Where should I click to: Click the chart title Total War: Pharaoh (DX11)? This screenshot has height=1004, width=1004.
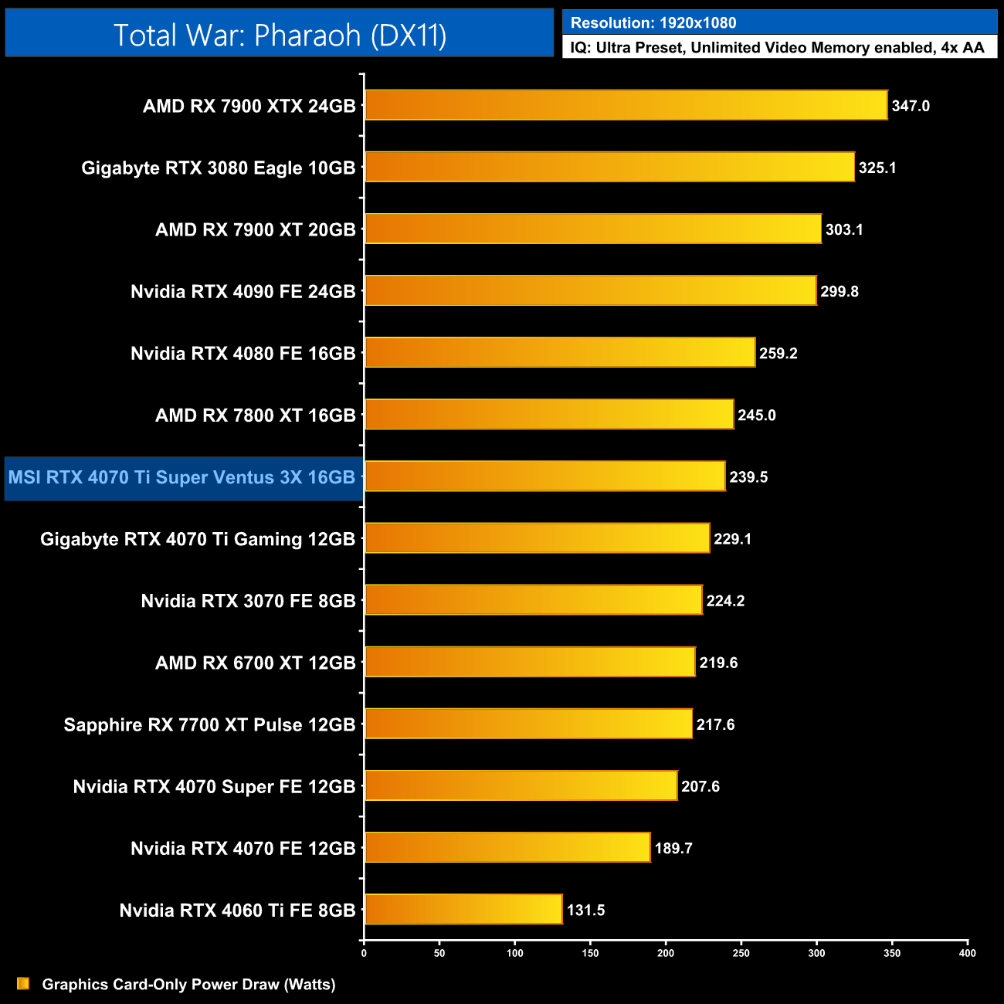pyautogui.click(x=280, y=35)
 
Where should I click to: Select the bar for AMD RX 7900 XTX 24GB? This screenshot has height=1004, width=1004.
pyautogui.click(x=626, y=105)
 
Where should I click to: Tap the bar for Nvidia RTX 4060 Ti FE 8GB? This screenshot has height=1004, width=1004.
pyautogui.click(x=463, y=909)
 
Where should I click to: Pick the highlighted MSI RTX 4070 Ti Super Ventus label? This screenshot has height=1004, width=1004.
pyautogui.click(x=182, y=477)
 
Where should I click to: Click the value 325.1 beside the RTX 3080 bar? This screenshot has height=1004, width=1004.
pyautogui.click(x=877, y=168)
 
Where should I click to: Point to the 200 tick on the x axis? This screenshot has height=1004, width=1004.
pyautogui.click(x=666, y=953)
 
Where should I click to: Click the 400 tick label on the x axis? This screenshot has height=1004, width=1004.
pyautogui.click(x=967, y=953)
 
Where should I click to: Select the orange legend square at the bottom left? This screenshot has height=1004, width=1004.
pyautogui.click(x=23, y=983)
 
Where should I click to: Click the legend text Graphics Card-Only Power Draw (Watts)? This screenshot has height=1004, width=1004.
pyautogui.click(x=188, y=985)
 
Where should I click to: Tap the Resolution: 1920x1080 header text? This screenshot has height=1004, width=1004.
pyautogui.click(x=653, y=23)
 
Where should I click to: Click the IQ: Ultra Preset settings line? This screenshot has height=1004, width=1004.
pyautogui.click(x=777, y=48)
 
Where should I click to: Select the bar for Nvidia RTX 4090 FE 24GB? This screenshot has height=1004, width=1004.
pyautogui.click(x=590, y=290)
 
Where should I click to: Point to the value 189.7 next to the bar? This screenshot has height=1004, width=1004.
pyautogui.click(x=673, y=848)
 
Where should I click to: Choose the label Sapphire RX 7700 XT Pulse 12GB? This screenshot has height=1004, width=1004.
pyautogui.click(x=209, y=724)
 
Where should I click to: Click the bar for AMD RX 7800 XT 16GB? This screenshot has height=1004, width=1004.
pyautogui.click(x=549, y=414)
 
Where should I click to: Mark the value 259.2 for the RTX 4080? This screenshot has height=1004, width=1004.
pyautogui.click(x=778, y=353)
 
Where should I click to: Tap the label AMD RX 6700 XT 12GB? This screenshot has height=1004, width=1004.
pyautogui.click(x=255, y=663)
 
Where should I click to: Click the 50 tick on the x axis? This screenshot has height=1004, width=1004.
pyautogui.click(x=439, y=953)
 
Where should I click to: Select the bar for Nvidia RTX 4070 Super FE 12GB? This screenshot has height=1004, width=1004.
pyautogui.click(x=521, y=785)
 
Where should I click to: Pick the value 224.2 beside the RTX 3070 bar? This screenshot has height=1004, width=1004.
pyautogui.click(x=725, y=601)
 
